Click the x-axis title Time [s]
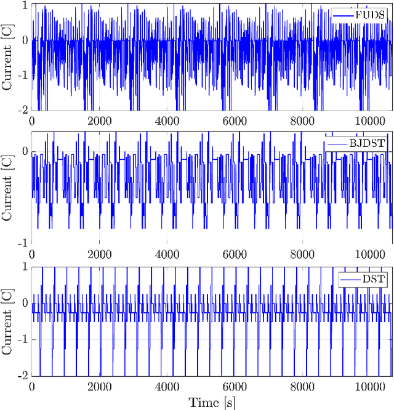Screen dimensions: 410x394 [x=212, y=402]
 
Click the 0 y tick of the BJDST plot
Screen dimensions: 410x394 [x=25, y=150]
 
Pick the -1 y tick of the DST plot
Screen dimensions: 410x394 [x=23, y=340]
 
